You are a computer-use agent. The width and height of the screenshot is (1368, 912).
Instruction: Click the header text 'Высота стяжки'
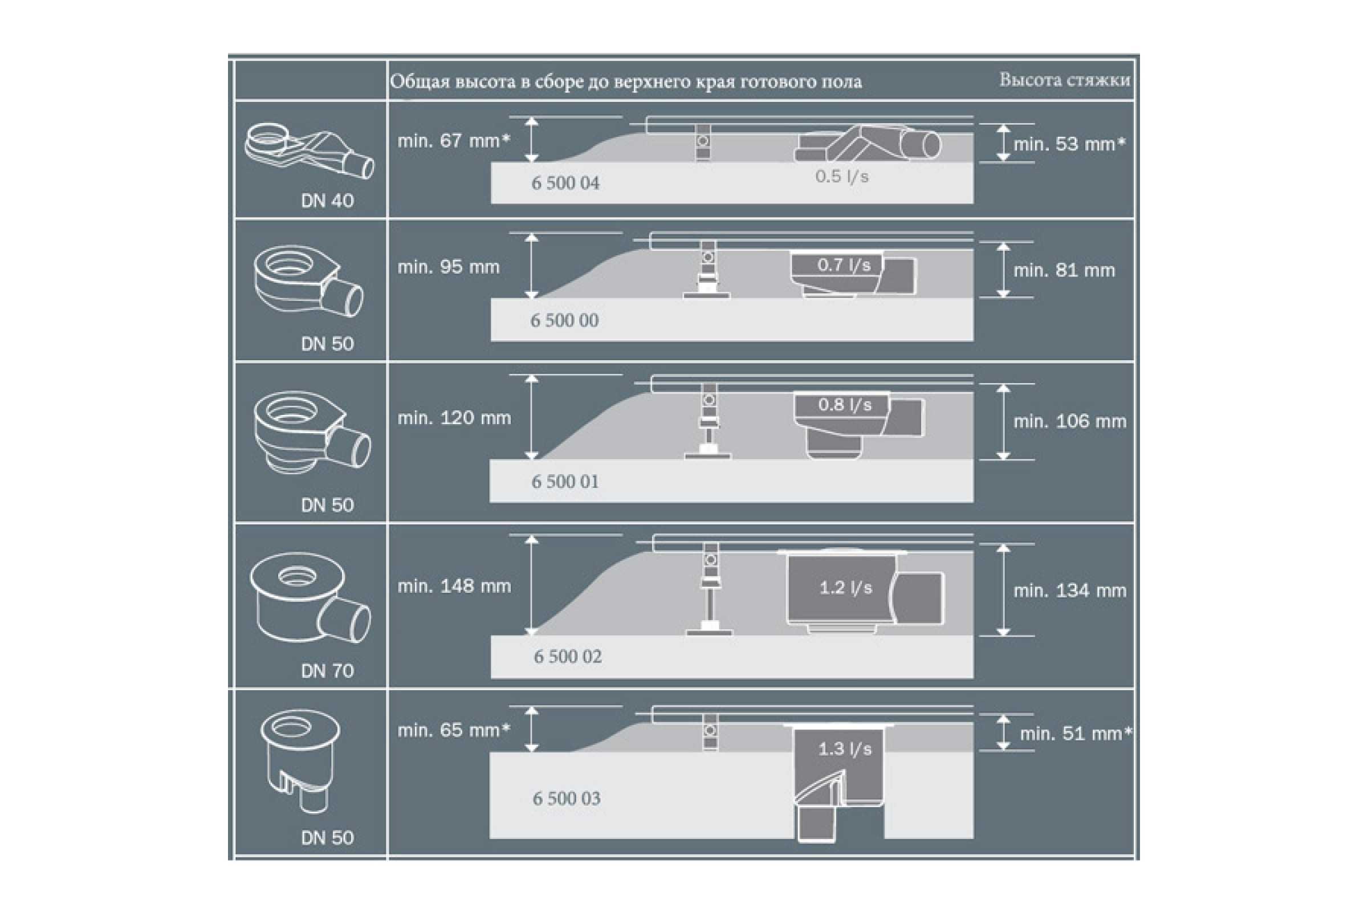click(x=1064, y=80)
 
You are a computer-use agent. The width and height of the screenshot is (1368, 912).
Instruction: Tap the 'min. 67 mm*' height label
click(x=454, y=141)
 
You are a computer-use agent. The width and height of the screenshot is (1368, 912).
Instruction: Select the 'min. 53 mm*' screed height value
click(x=1069, y=144)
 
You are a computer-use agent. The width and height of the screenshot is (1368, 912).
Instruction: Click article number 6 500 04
click(x=565, y=183)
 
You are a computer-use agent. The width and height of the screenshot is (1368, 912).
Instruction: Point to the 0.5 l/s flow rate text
click(x=842, y=176)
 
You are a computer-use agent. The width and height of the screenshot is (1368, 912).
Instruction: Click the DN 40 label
click(x=327, y=201)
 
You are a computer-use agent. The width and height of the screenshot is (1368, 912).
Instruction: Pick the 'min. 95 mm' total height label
click(x=449, y=267)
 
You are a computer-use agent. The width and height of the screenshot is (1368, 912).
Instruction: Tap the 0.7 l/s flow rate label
click(x=844, y=265)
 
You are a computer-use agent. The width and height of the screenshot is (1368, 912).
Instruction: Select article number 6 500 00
click(x=564, y=320)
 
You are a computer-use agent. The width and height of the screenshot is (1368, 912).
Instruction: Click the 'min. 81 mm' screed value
click(x=1064, y=270)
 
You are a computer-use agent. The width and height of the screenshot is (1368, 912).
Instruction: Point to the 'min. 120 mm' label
click(x=454, y=418)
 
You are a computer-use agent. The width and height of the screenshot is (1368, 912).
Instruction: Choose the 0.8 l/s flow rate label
click(x=845, y=405)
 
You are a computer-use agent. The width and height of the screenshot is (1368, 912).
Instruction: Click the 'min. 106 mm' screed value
click(x=1070, y=421)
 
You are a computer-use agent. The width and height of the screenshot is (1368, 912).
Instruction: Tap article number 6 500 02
click(x=568, y=657)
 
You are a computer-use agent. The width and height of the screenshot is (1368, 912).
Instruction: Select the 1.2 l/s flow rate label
click(x=846, y=588)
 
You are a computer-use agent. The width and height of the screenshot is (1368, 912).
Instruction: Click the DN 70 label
click(x=327, y=671)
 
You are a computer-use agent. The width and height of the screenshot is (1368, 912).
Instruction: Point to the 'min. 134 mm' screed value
click(x=1070, y=591)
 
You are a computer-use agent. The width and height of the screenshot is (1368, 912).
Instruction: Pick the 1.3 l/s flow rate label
click(x=845, y=748)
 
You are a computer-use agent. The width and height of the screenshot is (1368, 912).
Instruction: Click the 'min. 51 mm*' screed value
click(x=1076, y=734)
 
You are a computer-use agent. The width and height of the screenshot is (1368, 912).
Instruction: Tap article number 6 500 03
click(x=567, y=799)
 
